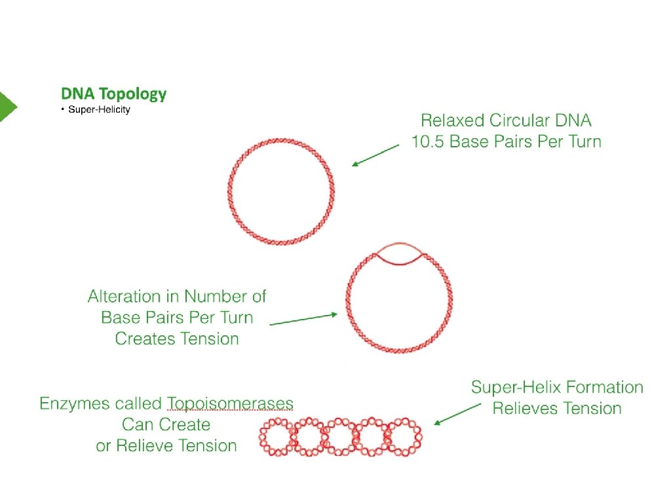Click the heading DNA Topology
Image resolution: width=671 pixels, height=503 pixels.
(113, 94)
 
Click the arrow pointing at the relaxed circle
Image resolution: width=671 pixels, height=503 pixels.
(375, 156)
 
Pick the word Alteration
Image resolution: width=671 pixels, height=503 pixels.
(133, 297)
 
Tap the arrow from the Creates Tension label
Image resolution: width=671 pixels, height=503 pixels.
(303, 319)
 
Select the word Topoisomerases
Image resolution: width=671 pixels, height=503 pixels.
(230, 403)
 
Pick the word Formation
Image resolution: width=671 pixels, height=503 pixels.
(603, 387)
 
